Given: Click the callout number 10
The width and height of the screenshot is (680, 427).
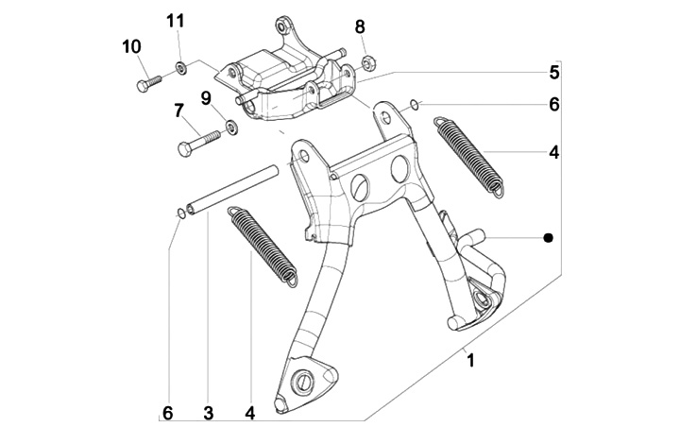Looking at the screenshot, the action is (x=131, y=46).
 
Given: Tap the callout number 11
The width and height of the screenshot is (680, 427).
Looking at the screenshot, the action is (x=176, y=21).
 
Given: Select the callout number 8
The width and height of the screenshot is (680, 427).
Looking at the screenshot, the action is (x=360, y=26).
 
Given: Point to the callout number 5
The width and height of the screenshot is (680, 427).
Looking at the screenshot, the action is (x=554, y=73).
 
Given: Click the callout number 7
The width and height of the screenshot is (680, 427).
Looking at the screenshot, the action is (x=178, y=111).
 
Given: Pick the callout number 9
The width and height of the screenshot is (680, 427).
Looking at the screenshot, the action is (x=206, y=98).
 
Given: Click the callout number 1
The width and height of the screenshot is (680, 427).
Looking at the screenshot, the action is (x=470, y=361).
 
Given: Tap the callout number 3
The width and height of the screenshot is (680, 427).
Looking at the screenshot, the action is (x=209, y=413).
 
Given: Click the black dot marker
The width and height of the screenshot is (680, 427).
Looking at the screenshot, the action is (x=549, y=237).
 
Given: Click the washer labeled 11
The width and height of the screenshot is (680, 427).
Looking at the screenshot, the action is (x=180, y=68).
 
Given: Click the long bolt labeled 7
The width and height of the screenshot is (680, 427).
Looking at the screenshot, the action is (x=198, y=144).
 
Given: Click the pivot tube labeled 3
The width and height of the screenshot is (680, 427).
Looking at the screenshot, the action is (x=232, y=188).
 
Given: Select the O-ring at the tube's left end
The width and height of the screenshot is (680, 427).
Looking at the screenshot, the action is (x=180, y=213).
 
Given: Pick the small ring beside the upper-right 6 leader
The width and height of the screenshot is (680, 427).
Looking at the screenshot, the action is (x=415, y=105).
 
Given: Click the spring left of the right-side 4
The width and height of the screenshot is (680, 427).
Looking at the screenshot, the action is (x=469, y=157).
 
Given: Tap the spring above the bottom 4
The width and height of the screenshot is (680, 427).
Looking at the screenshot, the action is (x=263, y=247).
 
